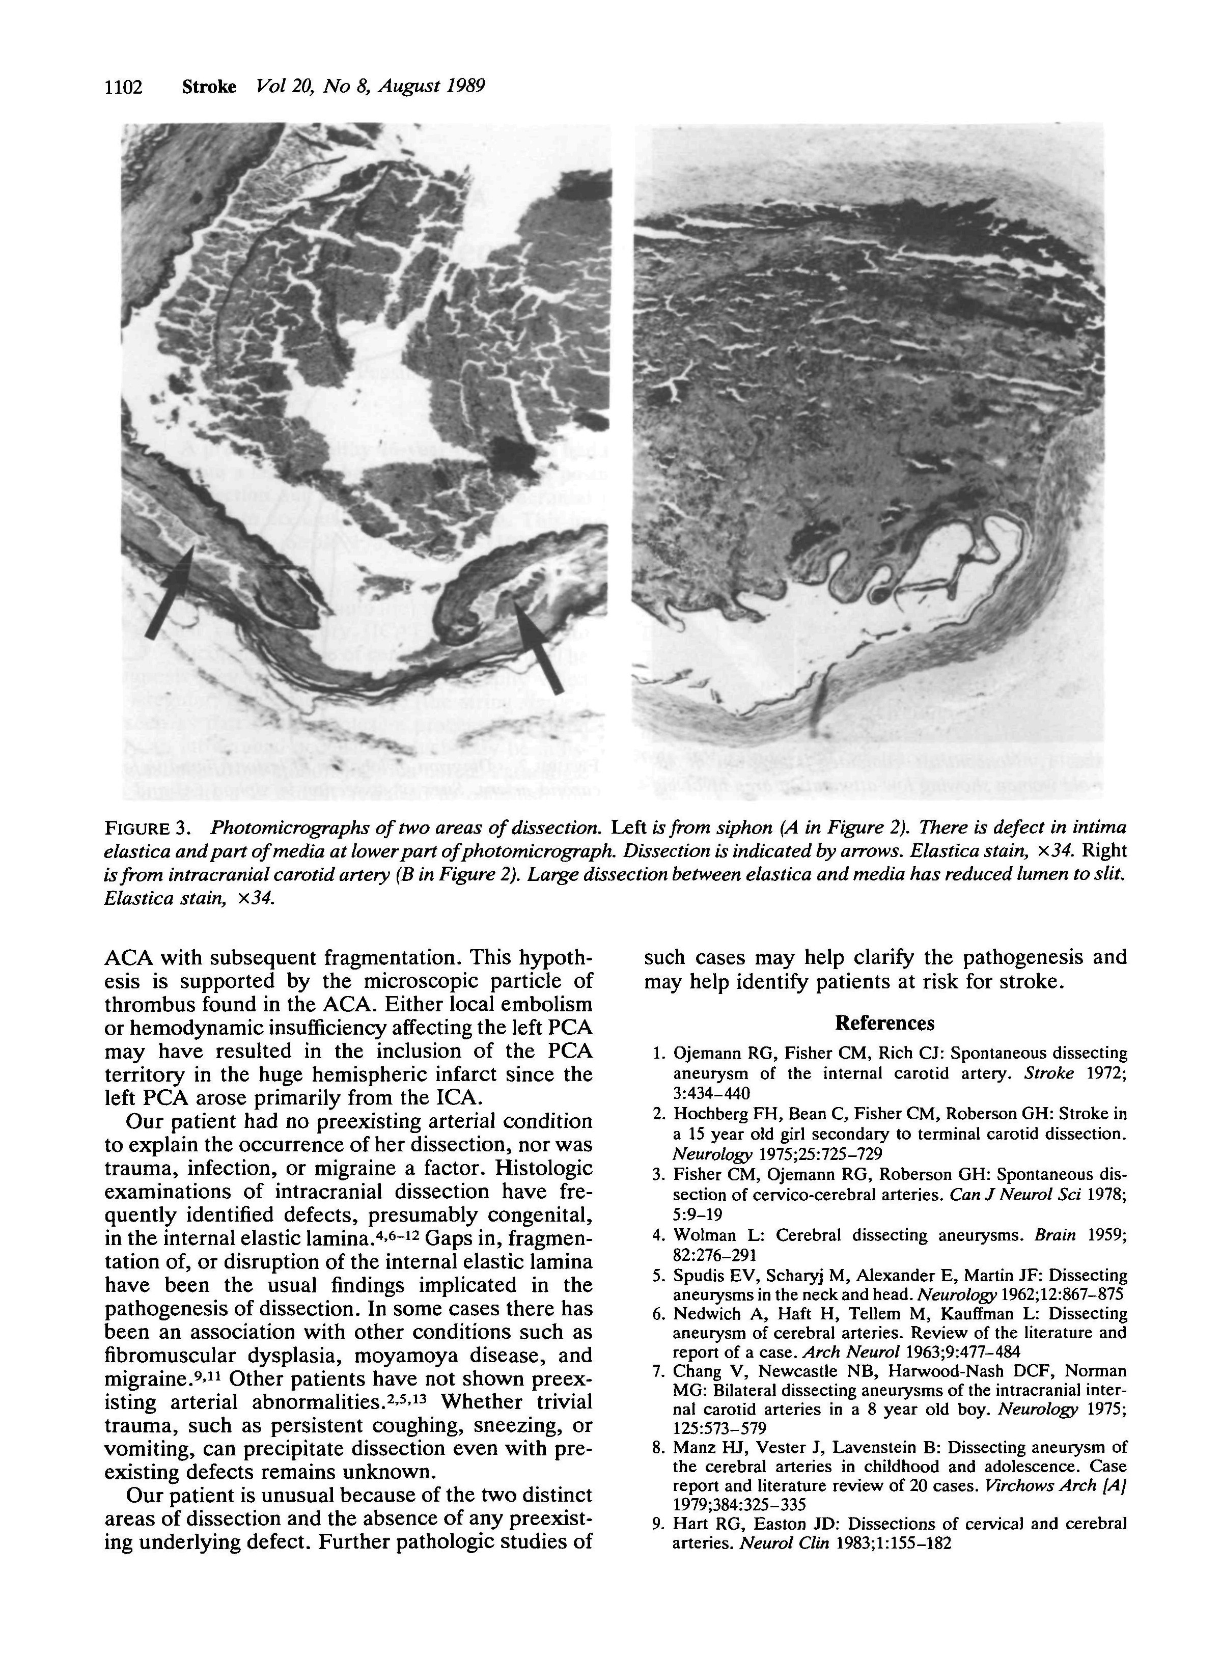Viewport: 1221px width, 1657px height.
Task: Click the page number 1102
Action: pyautogui.click(x=123, y=87)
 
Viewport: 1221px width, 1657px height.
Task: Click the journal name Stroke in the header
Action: pyautogui.click(x=209, y=87)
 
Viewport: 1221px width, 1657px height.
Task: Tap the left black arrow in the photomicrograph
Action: pyautogui.click(x=169, y=593)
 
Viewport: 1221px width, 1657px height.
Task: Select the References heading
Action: pyautogui.click(x=885, y=1023)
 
